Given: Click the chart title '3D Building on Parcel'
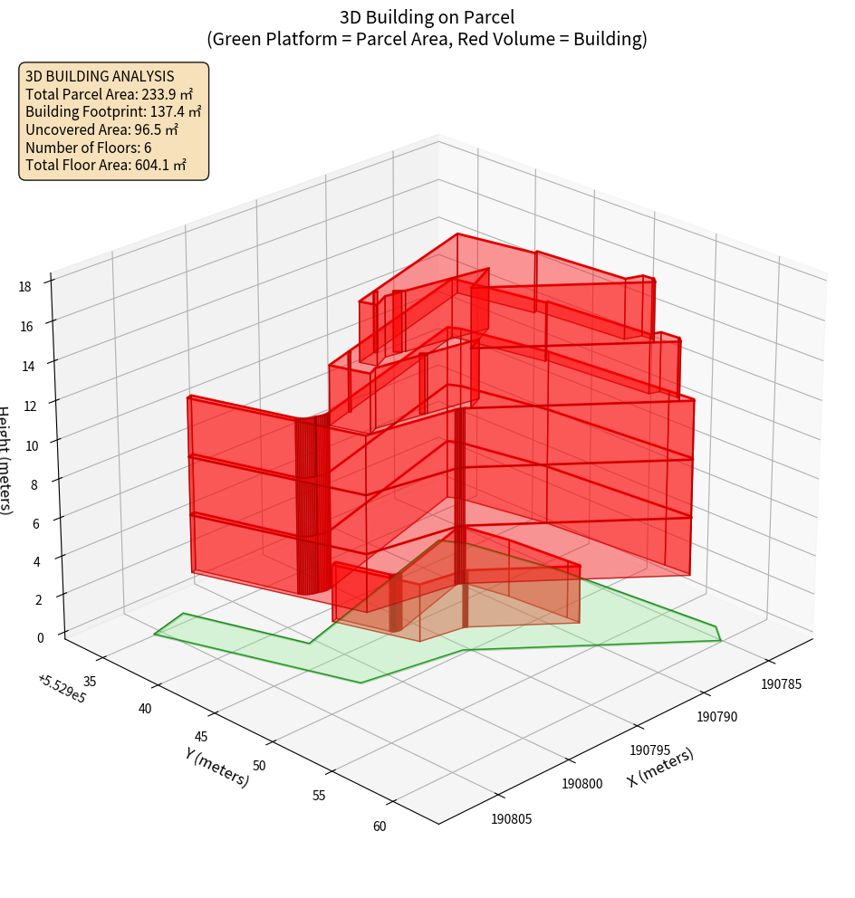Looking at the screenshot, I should click(427, 17).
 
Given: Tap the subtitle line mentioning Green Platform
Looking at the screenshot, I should click(427, 39).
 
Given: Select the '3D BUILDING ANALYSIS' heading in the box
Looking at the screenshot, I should click(100, 77).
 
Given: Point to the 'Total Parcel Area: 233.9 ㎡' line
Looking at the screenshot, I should click(109, 94).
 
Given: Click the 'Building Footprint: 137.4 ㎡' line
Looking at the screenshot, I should click(113, 112).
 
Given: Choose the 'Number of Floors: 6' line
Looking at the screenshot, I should click(89, 148).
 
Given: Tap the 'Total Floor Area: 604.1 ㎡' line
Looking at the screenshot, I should click(106, 165).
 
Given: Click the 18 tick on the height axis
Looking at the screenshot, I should click(24, 287).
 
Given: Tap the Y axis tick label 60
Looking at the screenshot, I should click(379, 826).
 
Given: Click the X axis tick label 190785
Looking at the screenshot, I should click(781, 684).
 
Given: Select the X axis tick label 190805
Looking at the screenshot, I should click(512, 819).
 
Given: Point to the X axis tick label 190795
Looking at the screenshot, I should click(649, 750).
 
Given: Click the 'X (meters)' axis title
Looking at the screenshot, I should click(660, 768).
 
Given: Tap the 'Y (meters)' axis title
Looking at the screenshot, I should click(217, 767).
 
